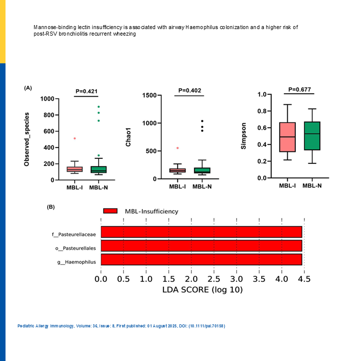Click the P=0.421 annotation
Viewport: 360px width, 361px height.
86,91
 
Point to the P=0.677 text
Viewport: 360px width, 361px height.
300,90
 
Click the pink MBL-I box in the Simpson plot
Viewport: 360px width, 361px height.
287,137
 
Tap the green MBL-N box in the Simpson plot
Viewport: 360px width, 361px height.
312,136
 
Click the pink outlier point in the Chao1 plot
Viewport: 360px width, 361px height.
177,148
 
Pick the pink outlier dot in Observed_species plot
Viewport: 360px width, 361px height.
75,138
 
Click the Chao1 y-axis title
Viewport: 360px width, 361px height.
128,137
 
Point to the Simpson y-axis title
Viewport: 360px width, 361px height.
244,136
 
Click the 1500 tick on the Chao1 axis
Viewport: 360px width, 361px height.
148,95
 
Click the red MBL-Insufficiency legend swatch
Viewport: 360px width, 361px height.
110,211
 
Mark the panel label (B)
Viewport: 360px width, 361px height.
51,207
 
